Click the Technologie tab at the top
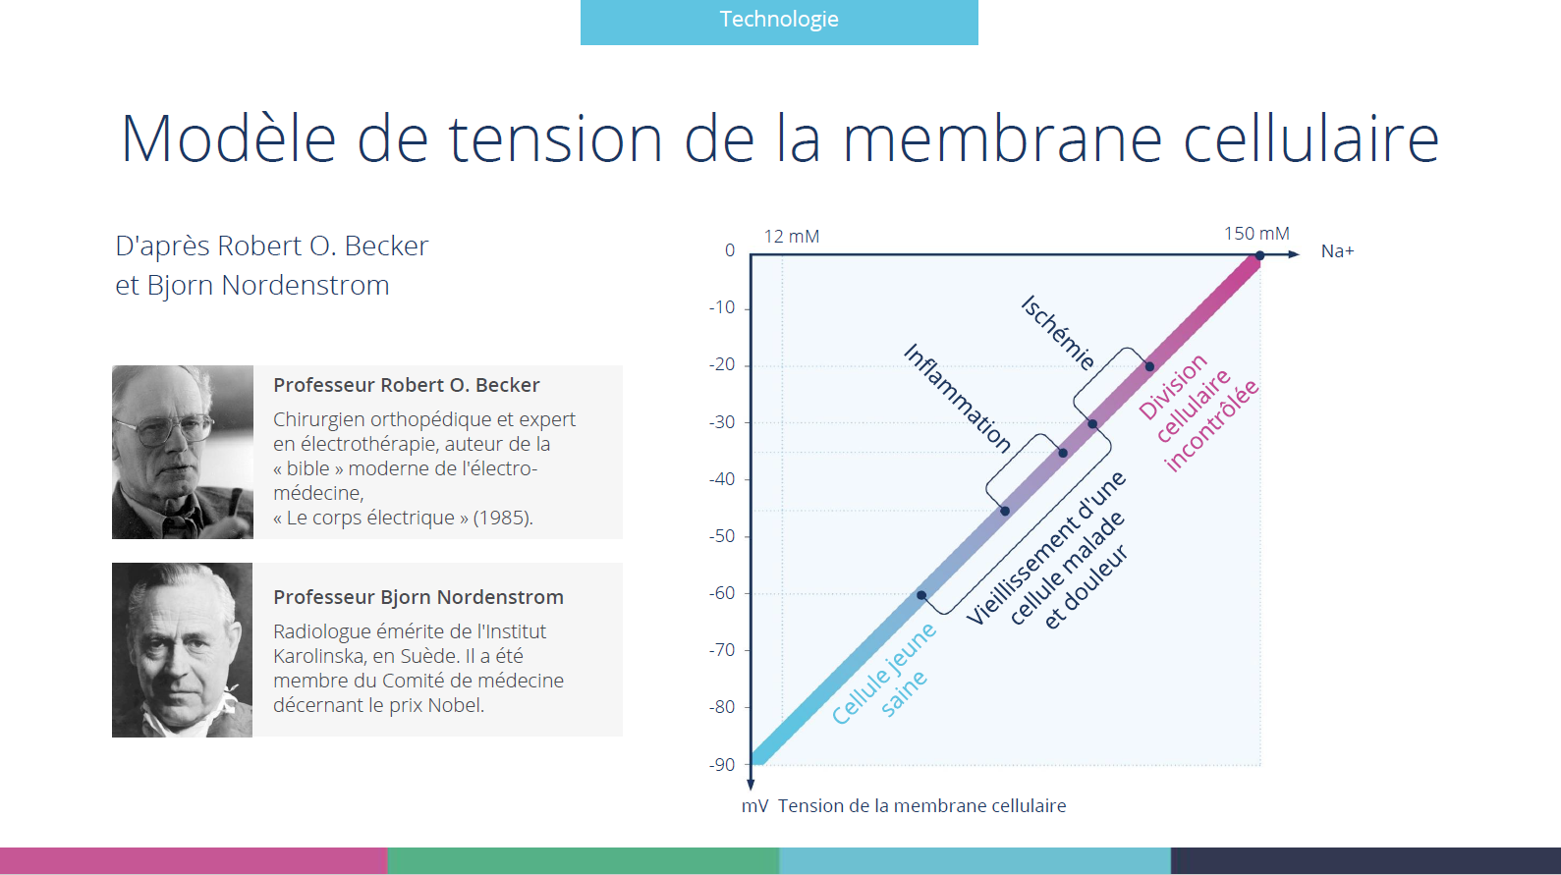pyautogui.click(x=779, y=22)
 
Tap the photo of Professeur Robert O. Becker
pyautogui.click(x=183, y=452)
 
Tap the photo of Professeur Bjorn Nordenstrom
pyautogui.click(x=182, y=650)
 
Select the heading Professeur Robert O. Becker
pyautogui.click(x=407, y=385)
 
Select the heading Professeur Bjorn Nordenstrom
pyautogui.click(x=418, y=597)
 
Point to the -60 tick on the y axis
pyautogui.click(x=721, y=593)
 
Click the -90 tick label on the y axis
pyautogui.click(x=722, y=764)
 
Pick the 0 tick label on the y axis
pyautogui.click(x=730, y=250)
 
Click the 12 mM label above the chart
pyautogui.click(x=792, y=236)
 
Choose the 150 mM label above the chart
pyautogui.click(x=1256, y=234)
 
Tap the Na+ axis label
pyautogui.click(x=1337, y=250)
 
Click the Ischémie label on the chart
pyautogui.click(x=1057, y=333)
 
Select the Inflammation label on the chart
pyautogui.click(x=957, y=398)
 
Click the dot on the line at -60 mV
pyautogui.click(x=921, y=595)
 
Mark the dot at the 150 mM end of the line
pyautogui.click(x=1260, y=255)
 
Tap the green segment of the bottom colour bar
pyautogui.click(x=584, y=860)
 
